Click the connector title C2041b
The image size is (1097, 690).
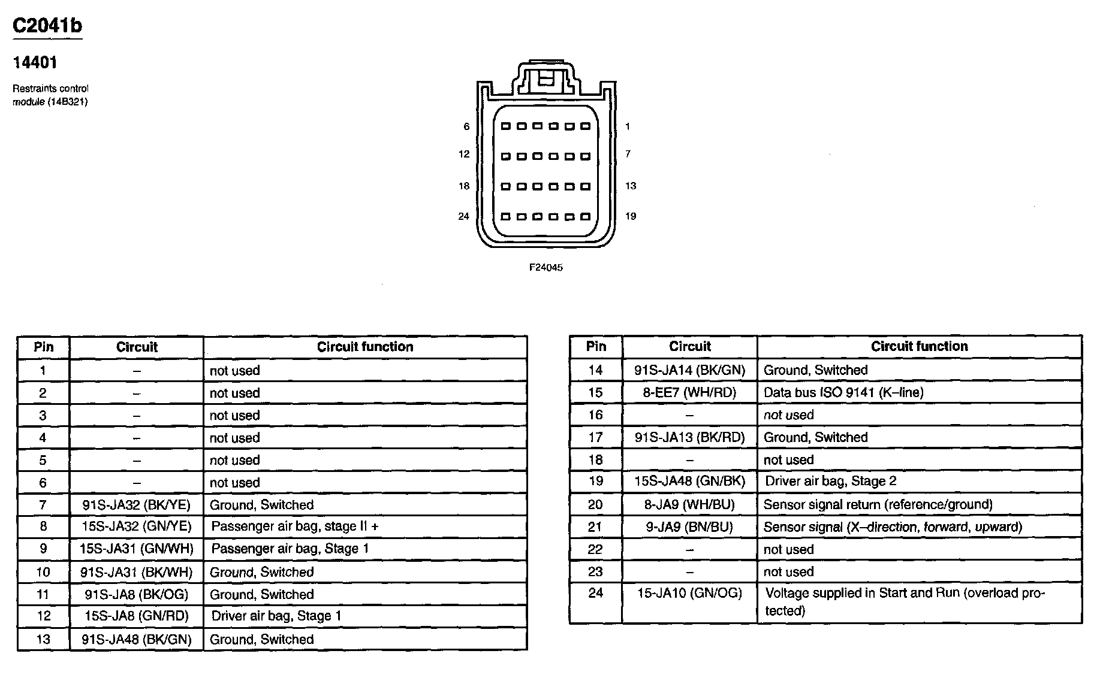(x=47, y=26)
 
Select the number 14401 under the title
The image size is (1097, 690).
(x=35, y=62)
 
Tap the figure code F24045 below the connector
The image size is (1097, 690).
(x=546, y=268)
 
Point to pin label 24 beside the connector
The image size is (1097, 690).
(x=463, y=216)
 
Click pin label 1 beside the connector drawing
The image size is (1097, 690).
(x=628, y=126)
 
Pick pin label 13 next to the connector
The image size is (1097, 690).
(x=630, y=186)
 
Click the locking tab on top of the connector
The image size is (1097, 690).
(x=545, y=78)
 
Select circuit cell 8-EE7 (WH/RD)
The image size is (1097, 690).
(x=689, y=392)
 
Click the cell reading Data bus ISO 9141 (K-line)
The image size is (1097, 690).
(x=843, y=392)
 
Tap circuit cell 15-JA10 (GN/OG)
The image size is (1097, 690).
(x=689, y=593)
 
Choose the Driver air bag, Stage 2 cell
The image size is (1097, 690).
(x=830, y=481)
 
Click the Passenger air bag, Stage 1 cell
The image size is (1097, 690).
(x=290, y=549)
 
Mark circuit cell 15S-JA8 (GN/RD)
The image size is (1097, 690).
(x=137, y=616)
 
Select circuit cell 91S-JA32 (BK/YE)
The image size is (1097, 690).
(x=137, y=505)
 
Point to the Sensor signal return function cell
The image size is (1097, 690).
(x=878, y=504)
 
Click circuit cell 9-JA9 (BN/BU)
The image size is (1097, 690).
(x=689, y=527)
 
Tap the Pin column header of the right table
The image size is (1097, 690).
(x=596, y=346)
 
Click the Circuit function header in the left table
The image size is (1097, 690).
(x=365, y=347)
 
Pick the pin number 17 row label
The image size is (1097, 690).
(x=595, y=437)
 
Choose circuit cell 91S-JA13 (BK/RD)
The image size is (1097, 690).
(x=689, y=437)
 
